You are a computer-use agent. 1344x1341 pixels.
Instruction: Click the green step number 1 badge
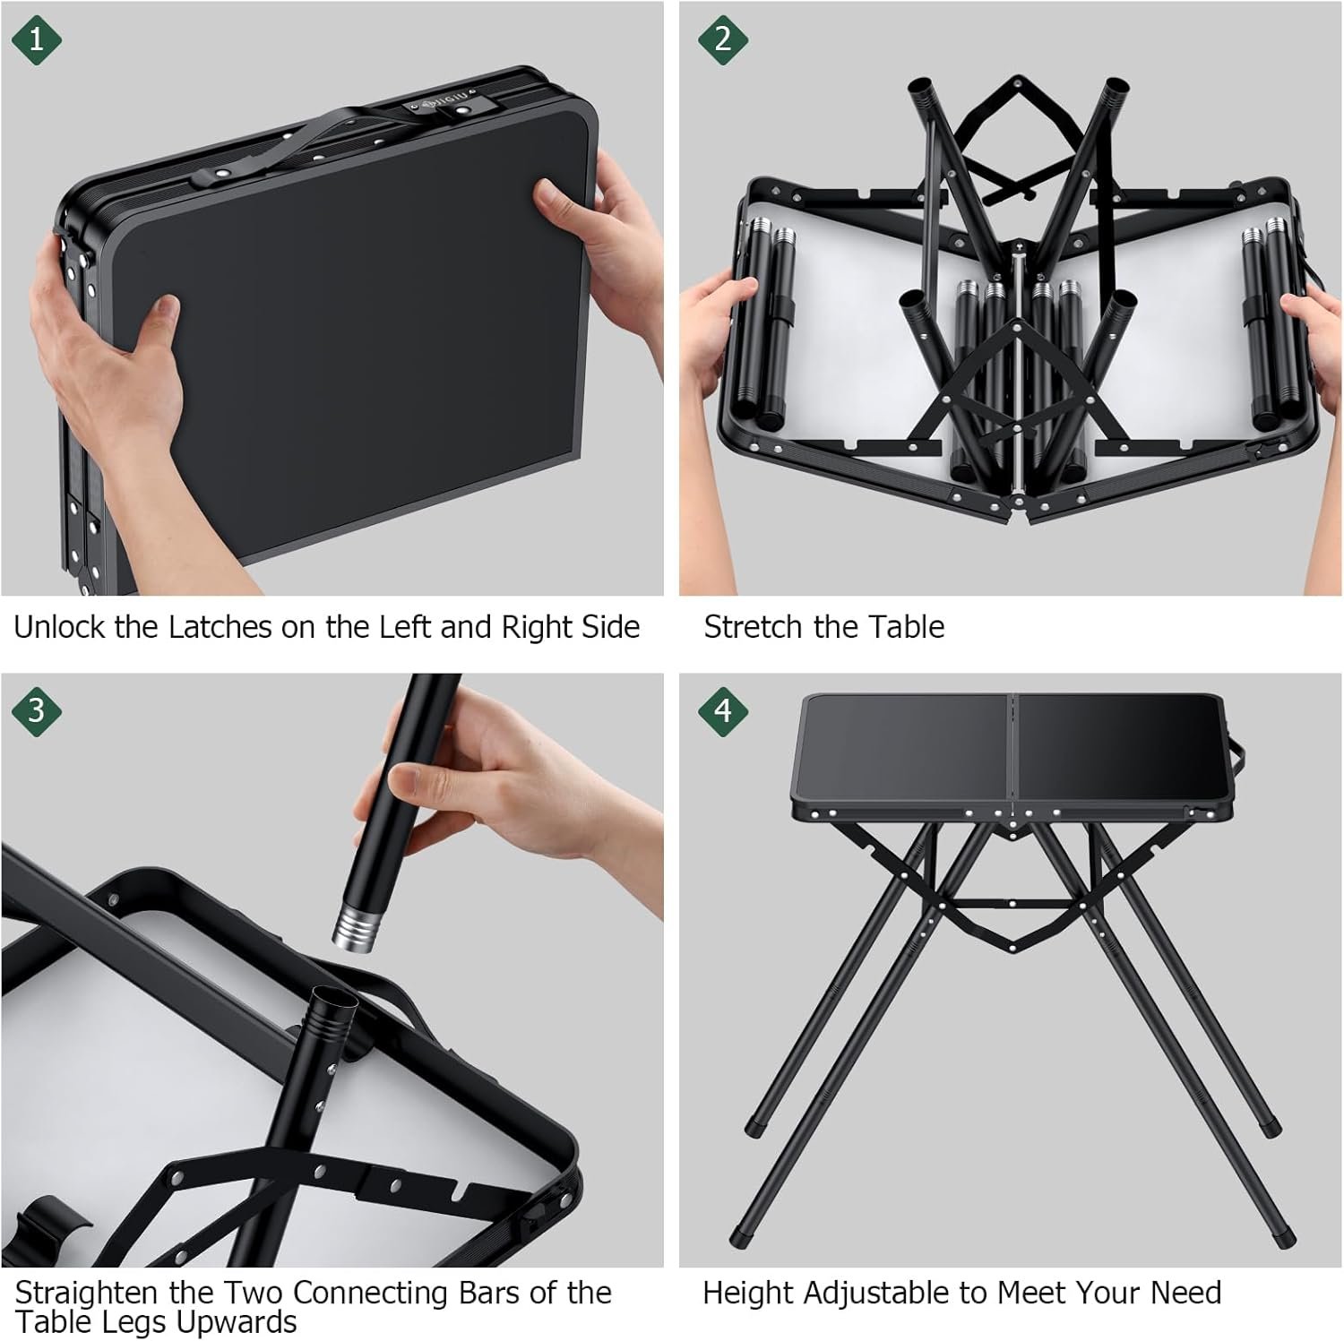coord(37,39)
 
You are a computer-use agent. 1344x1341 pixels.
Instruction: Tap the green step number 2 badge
coord(723,39)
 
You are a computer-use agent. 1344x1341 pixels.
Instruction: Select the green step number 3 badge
coord(37,710)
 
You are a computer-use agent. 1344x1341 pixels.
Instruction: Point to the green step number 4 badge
coord(723,710)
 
